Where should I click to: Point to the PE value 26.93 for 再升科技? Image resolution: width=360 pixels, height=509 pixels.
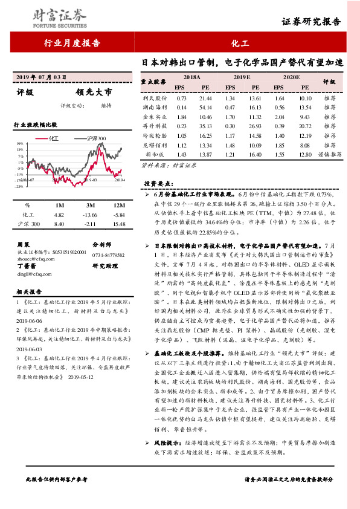255,126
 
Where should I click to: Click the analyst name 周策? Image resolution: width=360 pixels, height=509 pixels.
22,244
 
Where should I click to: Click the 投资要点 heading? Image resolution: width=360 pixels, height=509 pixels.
158,183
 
